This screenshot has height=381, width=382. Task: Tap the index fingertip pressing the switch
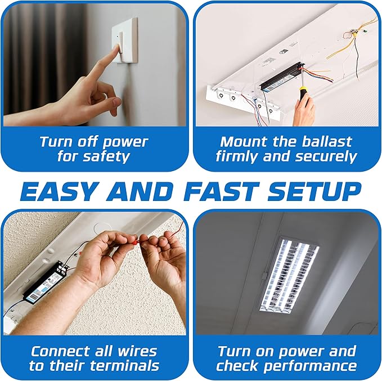click(118, 46)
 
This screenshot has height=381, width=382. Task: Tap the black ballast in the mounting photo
click(280, 77)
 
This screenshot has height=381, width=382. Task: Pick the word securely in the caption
click(326, 156)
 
